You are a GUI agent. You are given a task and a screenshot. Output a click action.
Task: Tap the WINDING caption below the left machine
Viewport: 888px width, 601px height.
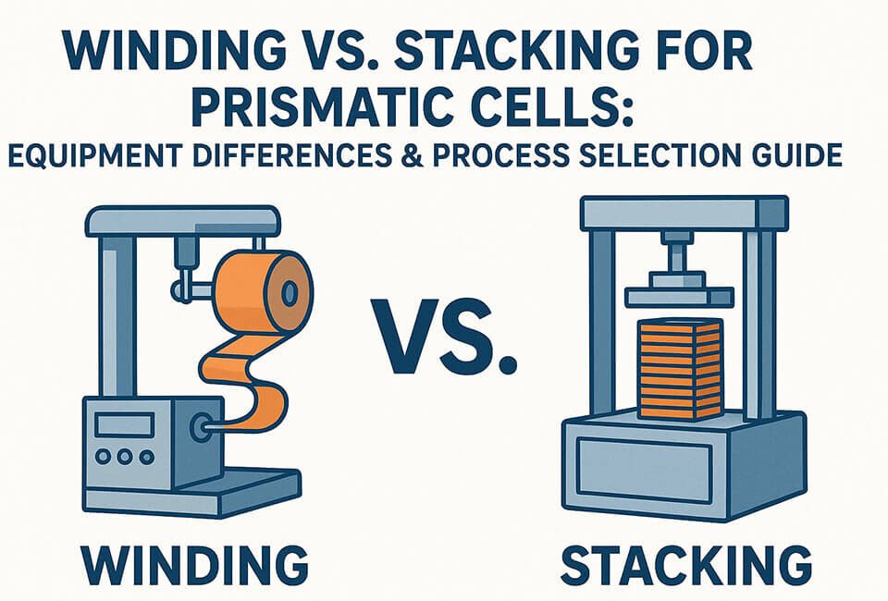191,563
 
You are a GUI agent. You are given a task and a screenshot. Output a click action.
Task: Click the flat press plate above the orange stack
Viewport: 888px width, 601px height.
679,296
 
